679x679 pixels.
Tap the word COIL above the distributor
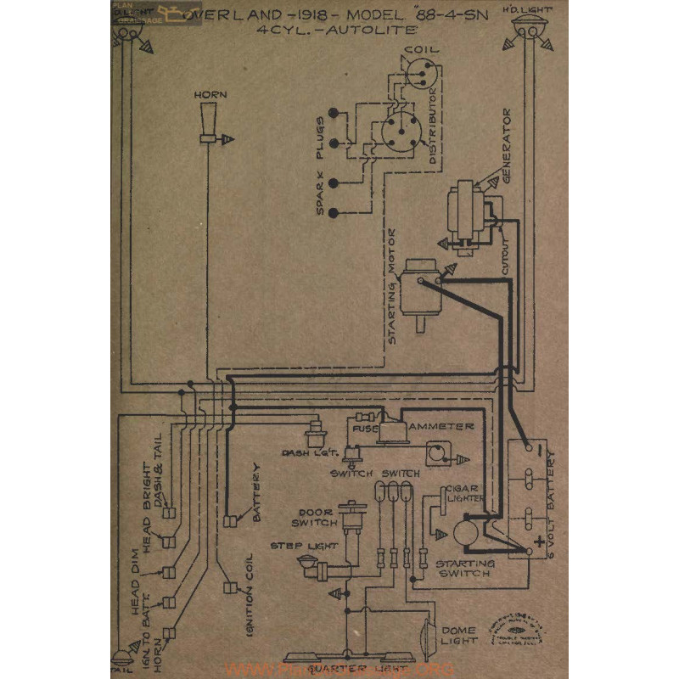pyautogui.click(x=421, y=50)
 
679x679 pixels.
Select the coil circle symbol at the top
pyautogui.click(x=419, y=76)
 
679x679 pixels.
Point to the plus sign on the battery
pyautogui.click(x=538, y=539)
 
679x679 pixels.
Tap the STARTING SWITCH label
pyautogui.click(x=463, y=568)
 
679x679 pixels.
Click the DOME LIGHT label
pyautogui.click(x=458, y=635)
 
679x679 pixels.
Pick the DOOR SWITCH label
pyautogui.click(x=314, y=517)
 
